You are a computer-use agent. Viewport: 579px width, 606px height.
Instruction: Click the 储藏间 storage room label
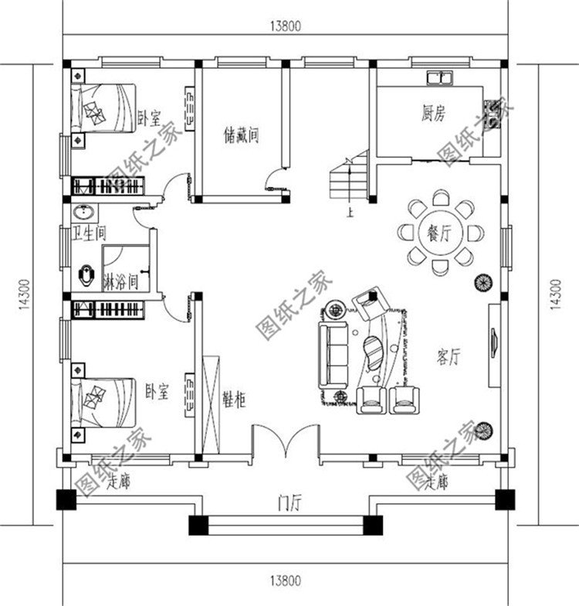coord(242,136)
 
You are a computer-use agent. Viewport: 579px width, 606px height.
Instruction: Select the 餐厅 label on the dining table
coord(438,232)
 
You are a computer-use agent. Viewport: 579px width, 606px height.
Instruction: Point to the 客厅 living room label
coord(449,356)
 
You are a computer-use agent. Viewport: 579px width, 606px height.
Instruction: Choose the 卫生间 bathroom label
coord(89,233)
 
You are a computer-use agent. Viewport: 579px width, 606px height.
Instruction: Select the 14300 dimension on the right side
coord(556,294)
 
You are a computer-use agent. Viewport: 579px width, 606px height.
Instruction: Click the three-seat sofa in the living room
coord(331,356)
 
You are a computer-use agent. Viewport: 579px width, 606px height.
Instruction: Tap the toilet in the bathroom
coord(87,274)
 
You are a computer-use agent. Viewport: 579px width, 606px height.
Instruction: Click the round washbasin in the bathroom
coord(83,213)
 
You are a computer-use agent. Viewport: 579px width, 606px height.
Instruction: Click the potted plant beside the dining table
coord(482,282)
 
